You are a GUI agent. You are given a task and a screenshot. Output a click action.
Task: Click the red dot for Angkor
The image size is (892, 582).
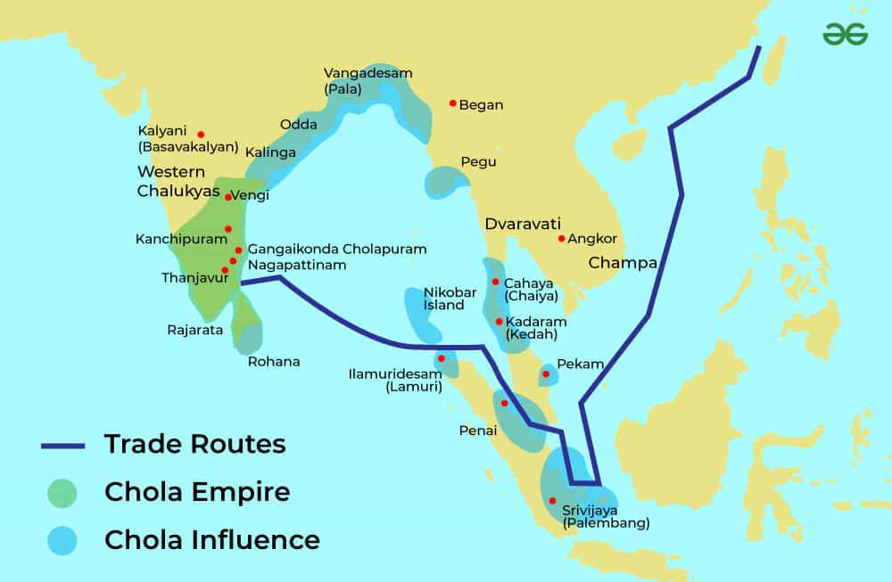(x=561, y=238)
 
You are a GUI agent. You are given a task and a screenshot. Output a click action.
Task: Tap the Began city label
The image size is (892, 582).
(x=481, y=105)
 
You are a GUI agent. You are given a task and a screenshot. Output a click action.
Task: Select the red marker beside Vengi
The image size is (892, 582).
(x=228, y=197)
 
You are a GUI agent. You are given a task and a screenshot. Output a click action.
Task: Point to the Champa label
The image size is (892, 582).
(x=622, y=264)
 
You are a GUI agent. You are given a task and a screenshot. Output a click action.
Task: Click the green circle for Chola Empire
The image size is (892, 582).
(x=62, y=492)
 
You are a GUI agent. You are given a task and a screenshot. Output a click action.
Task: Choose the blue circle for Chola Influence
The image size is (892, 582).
(x=62, y=540)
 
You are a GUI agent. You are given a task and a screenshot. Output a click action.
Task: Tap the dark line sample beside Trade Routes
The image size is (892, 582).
(x=62, y=445)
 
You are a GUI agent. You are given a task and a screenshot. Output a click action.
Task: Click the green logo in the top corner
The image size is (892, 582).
(x=845, y=34)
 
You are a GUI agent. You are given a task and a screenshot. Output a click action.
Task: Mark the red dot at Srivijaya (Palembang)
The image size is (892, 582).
(x=553, y=500)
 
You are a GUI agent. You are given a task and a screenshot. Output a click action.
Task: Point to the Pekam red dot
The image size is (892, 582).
(x=546, y=374)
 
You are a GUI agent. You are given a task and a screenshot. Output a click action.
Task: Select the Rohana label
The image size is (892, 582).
(x=273, y=362)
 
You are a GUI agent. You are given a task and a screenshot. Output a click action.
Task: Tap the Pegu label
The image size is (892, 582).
(x=478, y=162)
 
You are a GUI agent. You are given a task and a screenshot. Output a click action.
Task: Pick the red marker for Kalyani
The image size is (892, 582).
(x=201, y=135)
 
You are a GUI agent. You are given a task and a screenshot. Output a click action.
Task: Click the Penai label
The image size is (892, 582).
(x=477, y=430)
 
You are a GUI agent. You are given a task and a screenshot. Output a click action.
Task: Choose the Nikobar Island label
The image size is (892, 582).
(x=444, y=299)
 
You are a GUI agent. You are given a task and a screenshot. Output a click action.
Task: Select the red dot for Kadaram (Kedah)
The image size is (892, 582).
(x=498, y=321)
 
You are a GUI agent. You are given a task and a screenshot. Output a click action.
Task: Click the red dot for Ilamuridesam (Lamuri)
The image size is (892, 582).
(x=441, y=358)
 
